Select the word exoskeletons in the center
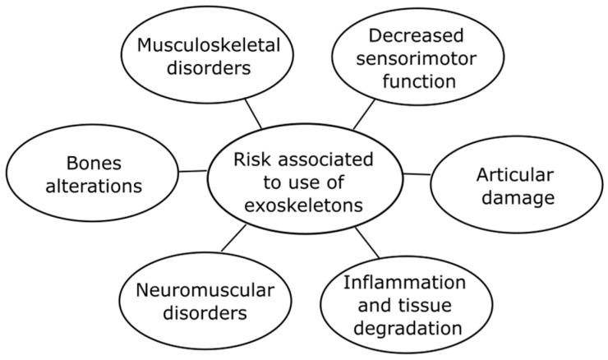tap(304, 205)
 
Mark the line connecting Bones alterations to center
tap(192, 171)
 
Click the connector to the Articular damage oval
tap(417, 173)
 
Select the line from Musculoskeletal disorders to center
tap(253, 115)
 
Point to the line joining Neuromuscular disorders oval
tap(233, 238)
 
